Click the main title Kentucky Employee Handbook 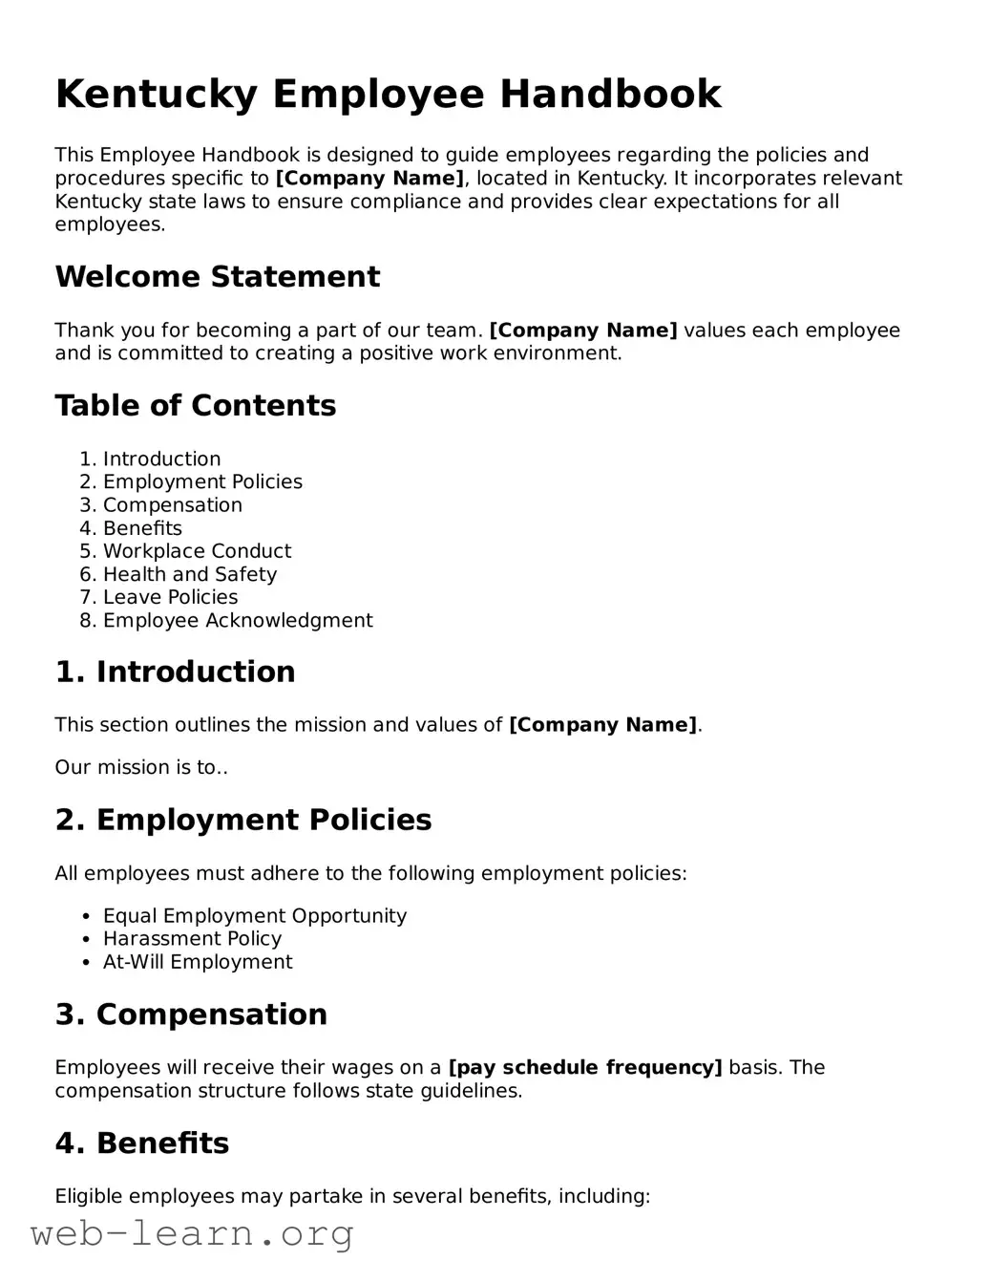click(388, 95)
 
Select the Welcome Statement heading click(217, 277)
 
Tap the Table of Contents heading click(195, 406)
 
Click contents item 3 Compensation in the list click(172, 505)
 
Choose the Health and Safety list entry click(189, 574)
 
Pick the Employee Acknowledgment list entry click(237, 620)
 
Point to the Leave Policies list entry click(170, 597)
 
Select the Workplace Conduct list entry click(197, 551)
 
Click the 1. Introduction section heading click(175, 672)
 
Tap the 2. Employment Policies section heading click(242, 820)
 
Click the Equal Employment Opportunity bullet click(254, 915)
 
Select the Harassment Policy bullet click(192, 938)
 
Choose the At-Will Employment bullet click(197, 962)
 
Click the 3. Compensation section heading click(191, 1015)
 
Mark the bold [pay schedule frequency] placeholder click(584, 1067)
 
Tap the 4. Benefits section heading click(141, 1143)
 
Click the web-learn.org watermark click(192, 1234)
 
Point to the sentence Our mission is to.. click(140, 767)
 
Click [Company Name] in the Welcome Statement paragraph click(582, 331)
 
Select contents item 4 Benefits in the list click(141, 528)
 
